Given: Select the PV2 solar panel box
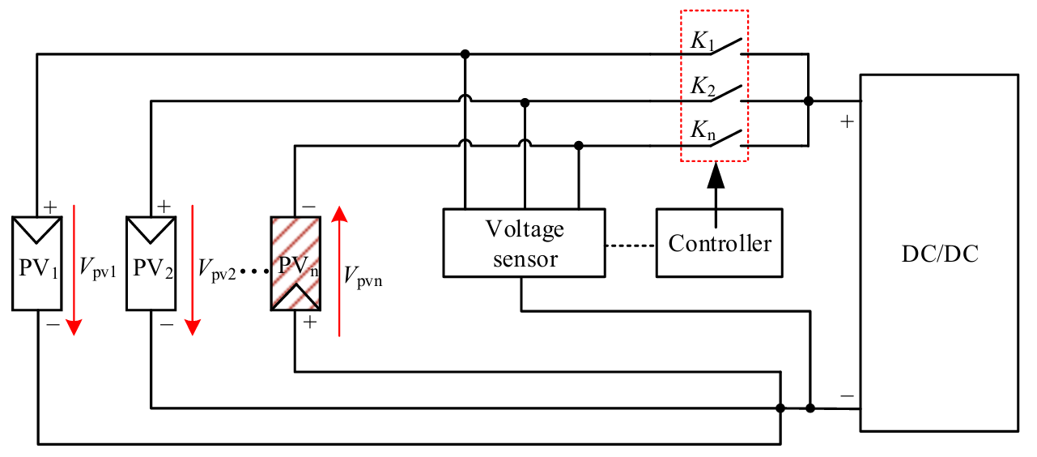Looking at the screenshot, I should [151, 263].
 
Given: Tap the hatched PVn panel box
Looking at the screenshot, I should [295, 263].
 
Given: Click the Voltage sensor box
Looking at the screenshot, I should [523, 242].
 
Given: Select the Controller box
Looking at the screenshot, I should [720, 242].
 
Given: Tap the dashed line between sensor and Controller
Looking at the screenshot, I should [630, 243].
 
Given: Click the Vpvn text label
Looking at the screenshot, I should [363, 276].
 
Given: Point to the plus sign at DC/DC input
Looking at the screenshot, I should [846, 122].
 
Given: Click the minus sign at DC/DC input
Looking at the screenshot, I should [846, 396].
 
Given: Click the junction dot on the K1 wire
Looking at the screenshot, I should [465, 55].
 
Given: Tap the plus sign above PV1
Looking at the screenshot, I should [49, 207].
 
